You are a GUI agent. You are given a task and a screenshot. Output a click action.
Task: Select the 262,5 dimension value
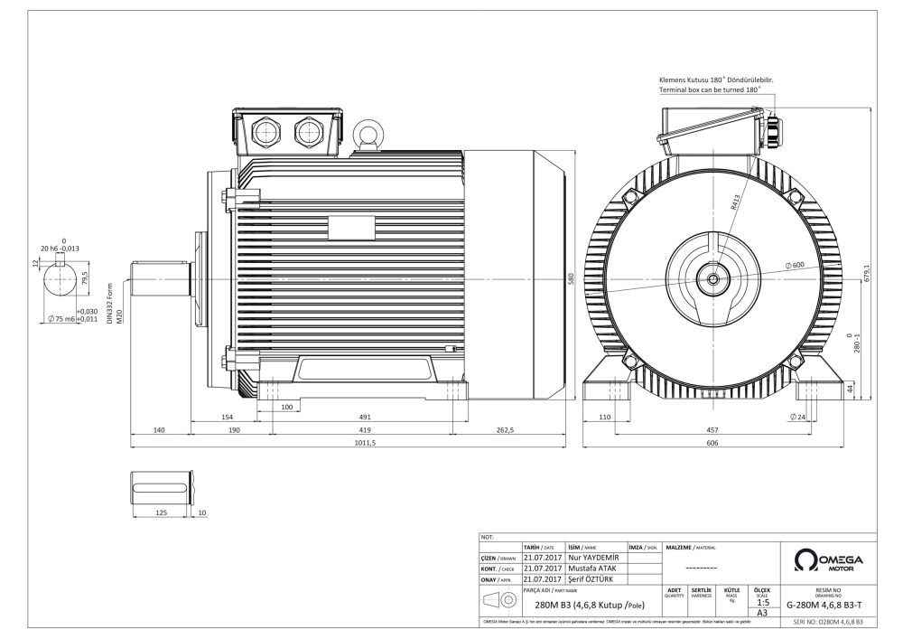[505, 430]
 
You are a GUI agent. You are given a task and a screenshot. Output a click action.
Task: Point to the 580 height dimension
[571, 280]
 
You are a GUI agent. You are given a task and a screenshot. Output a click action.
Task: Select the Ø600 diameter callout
[796, 264]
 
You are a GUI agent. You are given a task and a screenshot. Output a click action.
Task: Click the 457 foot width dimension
[712, 430]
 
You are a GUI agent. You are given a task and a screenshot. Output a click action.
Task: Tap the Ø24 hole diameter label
[797, 417]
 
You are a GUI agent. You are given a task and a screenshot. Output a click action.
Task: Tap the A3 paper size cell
[762, 612]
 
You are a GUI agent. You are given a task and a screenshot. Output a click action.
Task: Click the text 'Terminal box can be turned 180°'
[711, 90]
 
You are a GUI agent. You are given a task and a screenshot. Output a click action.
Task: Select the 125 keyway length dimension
[163, 512]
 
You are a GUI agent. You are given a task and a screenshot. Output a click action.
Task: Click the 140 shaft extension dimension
[159, 430]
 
